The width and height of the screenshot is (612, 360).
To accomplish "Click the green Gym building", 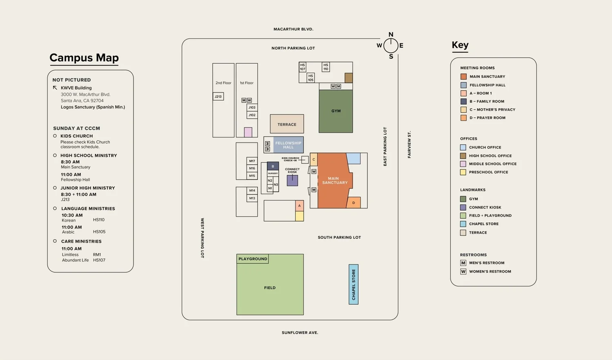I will (x=336, y=111).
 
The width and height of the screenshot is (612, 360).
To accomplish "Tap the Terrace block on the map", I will (x=287, y=124).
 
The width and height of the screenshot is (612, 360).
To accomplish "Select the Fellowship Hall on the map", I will (x=288, y=145).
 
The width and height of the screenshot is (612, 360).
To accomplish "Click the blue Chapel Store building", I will (x=353, y=284).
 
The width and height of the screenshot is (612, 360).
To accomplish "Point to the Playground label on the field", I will (x=253, y=259).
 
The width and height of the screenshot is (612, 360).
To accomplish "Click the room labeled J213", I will (x=218, y=97).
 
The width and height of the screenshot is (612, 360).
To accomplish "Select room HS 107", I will (x=302, y=67).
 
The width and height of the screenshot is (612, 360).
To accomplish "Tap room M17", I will (x=252, y=161).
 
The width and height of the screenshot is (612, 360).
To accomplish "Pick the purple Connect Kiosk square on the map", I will (x=292, y=180).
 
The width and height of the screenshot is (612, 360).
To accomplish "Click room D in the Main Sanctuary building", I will (x=354, y=202).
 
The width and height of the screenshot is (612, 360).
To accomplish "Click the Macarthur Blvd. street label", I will (x=293, y=29).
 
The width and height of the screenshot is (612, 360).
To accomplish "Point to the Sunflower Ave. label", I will (x=300, y=333).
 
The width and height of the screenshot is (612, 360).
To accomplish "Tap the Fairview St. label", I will (x=409, y=144).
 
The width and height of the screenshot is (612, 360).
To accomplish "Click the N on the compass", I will (x=391, y=35).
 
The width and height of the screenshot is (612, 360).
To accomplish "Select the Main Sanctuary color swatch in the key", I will (x=463, y=77).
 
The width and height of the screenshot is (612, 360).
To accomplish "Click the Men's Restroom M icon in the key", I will (x=463, y=263).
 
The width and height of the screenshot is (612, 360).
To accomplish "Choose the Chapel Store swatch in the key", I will (x=463, y=224).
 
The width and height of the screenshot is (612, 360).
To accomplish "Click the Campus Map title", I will (x=84, y=58).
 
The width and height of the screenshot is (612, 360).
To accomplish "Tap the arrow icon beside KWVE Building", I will (x=55, y=88).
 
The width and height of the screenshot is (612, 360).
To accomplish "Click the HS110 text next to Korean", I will (x=99, y=220).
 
